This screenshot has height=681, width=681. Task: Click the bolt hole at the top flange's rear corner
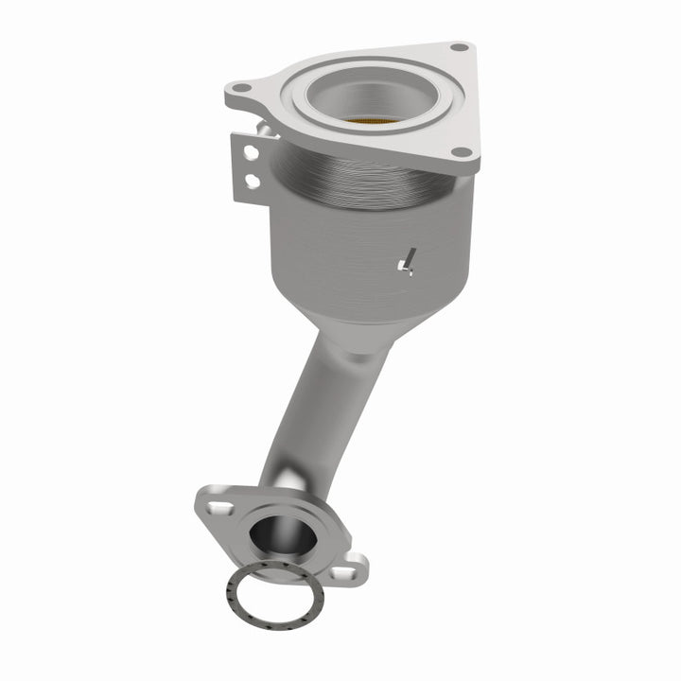459,46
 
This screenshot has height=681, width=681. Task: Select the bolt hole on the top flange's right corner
460,152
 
